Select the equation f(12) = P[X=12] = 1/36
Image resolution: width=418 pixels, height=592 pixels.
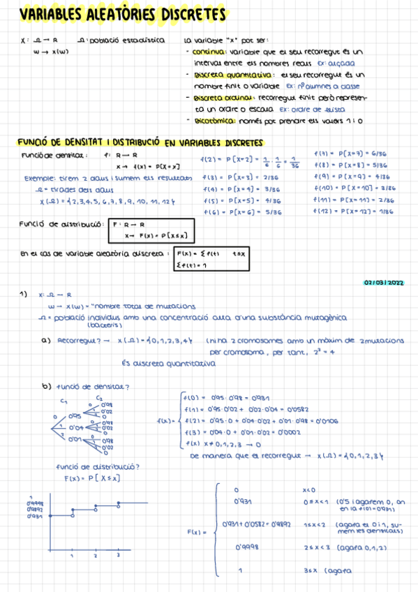(x=354, y=211)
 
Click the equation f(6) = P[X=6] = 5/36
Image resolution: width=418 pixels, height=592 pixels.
(x=244, y=212)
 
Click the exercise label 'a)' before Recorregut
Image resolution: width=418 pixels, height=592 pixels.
(x=47, y=341)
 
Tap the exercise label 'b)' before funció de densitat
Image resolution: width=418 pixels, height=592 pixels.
(x=47, y=387)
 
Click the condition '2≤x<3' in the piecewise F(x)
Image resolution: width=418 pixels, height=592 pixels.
(x=313, y=549)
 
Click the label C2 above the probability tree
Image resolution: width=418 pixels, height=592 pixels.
(x=99, y=397)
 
